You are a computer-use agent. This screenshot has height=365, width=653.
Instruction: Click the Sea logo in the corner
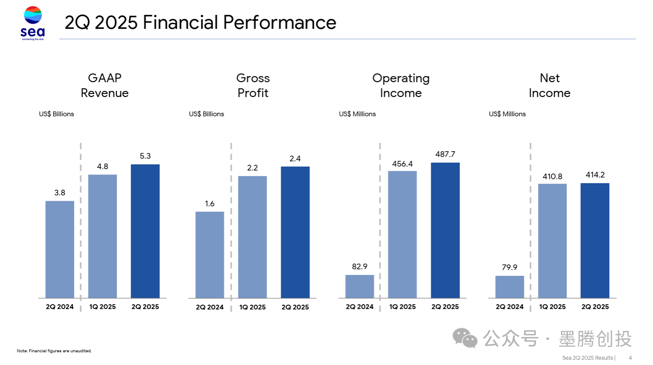point(33,23)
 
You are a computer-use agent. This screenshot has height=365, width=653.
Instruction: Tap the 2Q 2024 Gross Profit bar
point(210,254)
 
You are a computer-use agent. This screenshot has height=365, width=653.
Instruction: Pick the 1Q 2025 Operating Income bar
point(402,234)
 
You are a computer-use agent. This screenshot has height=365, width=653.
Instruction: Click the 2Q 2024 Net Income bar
point(509,287)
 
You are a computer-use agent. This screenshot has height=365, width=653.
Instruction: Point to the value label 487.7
point(445,154)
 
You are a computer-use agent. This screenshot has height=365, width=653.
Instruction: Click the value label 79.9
point(509,267)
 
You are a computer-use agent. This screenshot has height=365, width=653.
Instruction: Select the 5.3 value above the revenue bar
point(145,156)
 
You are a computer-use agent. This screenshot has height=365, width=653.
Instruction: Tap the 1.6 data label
point(210,204)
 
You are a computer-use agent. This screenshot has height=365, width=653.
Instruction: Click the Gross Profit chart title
point(253,85)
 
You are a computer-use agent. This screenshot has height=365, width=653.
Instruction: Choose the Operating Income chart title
point(401,85)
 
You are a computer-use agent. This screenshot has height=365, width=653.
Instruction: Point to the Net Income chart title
point(550,85)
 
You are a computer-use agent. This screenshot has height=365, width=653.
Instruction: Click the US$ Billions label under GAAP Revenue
point(56,114)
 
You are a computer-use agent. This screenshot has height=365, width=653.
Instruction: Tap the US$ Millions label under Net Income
point(507,114)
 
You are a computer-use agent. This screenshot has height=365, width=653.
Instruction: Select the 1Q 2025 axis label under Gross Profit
point(252,307)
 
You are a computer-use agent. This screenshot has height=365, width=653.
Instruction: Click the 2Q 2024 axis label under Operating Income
point(360,307)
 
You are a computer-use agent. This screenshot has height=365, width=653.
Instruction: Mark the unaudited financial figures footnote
point(54,351)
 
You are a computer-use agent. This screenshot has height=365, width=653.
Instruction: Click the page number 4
point(630,358)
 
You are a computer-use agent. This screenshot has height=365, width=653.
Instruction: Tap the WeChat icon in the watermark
point(465,338)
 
